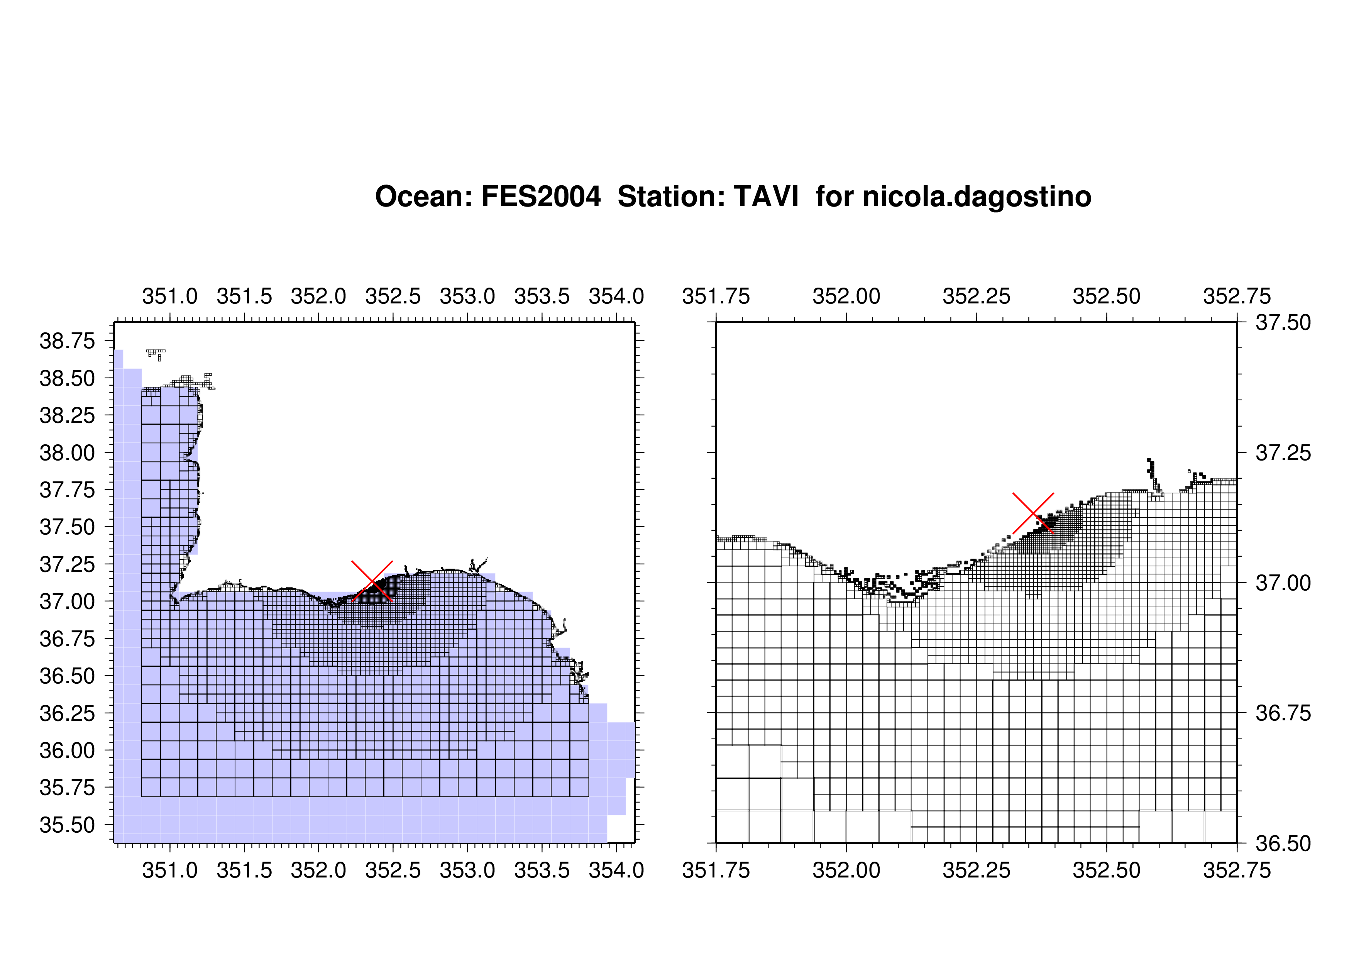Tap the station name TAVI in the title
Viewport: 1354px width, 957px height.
(766, 196)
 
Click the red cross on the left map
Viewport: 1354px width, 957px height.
(372, 581)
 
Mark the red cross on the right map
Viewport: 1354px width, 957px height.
(1033, 513)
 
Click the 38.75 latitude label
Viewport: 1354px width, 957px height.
(67, 341)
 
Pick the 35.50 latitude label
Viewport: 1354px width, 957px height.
(67, 825)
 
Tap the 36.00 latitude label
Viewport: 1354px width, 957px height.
(67, 750)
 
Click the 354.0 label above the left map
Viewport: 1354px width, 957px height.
(616, 296)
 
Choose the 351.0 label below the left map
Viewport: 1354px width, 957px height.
(170, 870)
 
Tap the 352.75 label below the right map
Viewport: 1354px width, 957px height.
(1237, 870)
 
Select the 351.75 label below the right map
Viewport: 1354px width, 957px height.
(716, 870)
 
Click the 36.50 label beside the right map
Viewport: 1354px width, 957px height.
(1283, 844)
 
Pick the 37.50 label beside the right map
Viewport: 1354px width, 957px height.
(1283, 322)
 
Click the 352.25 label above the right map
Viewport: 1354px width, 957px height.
(977, 296)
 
